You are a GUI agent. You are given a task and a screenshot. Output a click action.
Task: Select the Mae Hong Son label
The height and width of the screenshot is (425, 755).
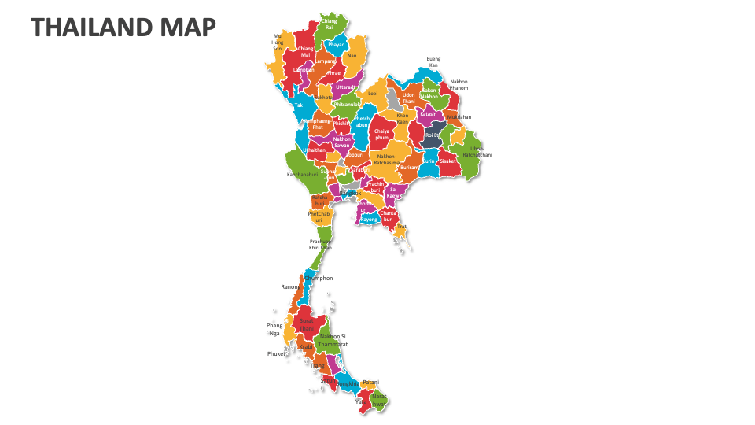click(x=277, y=42)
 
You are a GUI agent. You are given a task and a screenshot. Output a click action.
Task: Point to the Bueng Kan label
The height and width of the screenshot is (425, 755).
click(x=433, y=61)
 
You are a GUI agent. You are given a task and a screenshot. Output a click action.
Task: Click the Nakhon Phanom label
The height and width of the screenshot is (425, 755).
click(x=459, y=84)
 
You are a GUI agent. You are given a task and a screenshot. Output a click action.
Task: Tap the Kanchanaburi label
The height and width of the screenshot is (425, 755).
click(x=301, y=174)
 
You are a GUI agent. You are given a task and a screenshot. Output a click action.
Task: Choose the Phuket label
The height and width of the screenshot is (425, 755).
click(x=276, y=353)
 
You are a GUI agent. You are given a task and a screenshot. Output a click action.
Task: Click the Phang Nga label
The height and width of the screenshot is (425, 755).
click(x=274, y=329)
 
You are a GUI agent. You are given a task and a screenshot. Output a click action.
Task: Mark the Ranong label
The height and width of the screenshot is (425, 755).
click(x=290, y=286)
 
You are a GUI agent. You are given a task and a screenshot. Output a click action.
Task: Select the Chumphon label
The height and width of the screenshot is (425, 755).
click(x=320, y=278)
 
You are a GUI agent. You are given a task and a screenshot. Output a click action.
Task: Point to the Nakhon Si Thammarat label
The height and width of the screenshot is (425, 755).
click(x=333, y=340)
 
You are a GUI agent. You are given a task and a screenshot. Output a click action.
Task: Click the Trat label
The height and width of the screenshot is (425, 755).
click(x=402, y=227)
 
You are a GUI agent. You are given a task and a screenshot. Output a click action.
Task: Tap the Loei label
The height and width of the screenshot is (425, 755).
click(x=373, y=93)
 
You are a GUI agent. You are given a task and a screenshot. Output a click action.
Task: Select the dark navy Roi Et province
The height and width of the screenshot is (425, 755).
click(x=432, y=135)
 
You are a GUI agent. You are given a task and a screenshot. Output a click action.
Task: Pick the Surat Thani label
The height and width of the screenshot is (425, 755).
click(x=307, y=324)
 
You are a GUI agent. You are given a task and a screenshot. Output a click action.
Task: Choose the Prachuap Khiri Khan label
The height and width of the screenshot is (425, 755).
click(x=320, y=244)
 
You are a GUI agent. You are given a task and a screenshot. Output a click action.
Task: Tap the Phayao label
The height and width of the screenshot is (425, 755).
click(x=337, y=45)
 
